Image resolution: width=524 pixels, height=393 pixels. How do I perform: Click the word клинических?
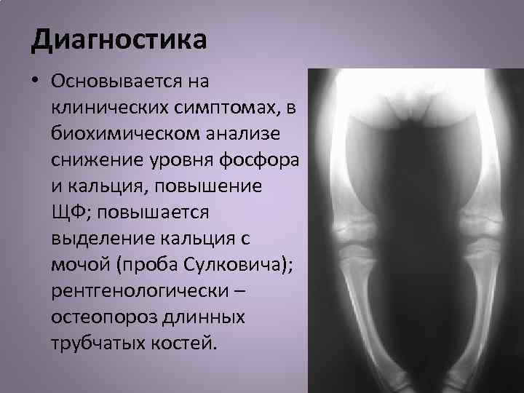pos(106,108)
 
